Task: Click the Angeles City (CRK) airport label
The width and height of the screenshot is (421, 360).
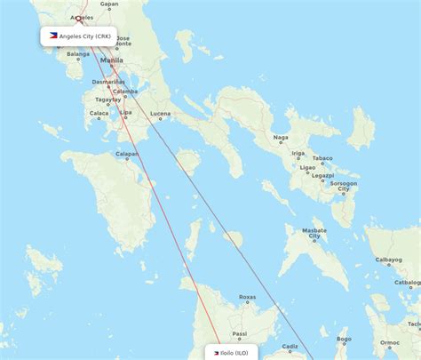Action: pos(84,36)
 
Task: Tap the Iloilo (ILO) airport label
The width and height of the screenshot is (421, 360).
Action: pos(235,353)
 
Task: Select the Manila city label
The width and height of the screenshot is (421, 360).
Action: pos(113,60)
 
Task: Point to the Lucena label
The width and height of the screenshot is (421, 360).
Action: pos(161,114)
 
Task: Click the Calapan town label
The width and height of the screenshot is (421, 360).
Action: pos(128,155)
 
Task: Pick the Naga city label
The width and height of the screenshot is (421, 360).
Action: pos(281,137)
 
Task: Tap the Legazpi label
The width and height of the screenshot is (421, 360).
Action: pos(322,175)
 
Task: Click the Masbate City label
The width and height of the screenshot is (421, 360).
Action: pos(314,233)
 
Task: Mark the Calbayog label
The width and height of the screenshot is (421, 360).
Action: pos(388,260)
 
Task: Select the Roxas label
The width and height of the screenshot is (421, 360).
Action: pos(248,297)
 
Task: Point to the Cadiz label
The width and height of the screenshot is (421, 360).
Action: pos(290,347)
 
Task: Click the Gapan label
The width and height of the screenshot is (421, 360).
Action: pos(109,4)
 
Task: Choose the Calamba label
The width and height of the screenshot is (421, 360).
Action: pos(124,91)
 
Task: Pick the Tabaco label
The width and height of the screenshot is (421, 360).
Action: pos(322,158)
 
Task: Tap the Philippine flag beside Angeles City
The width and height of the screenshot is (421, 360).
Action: pos(53,36)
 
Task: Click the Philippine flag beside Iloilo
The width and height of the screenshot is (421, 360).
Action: pos(216,353)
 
